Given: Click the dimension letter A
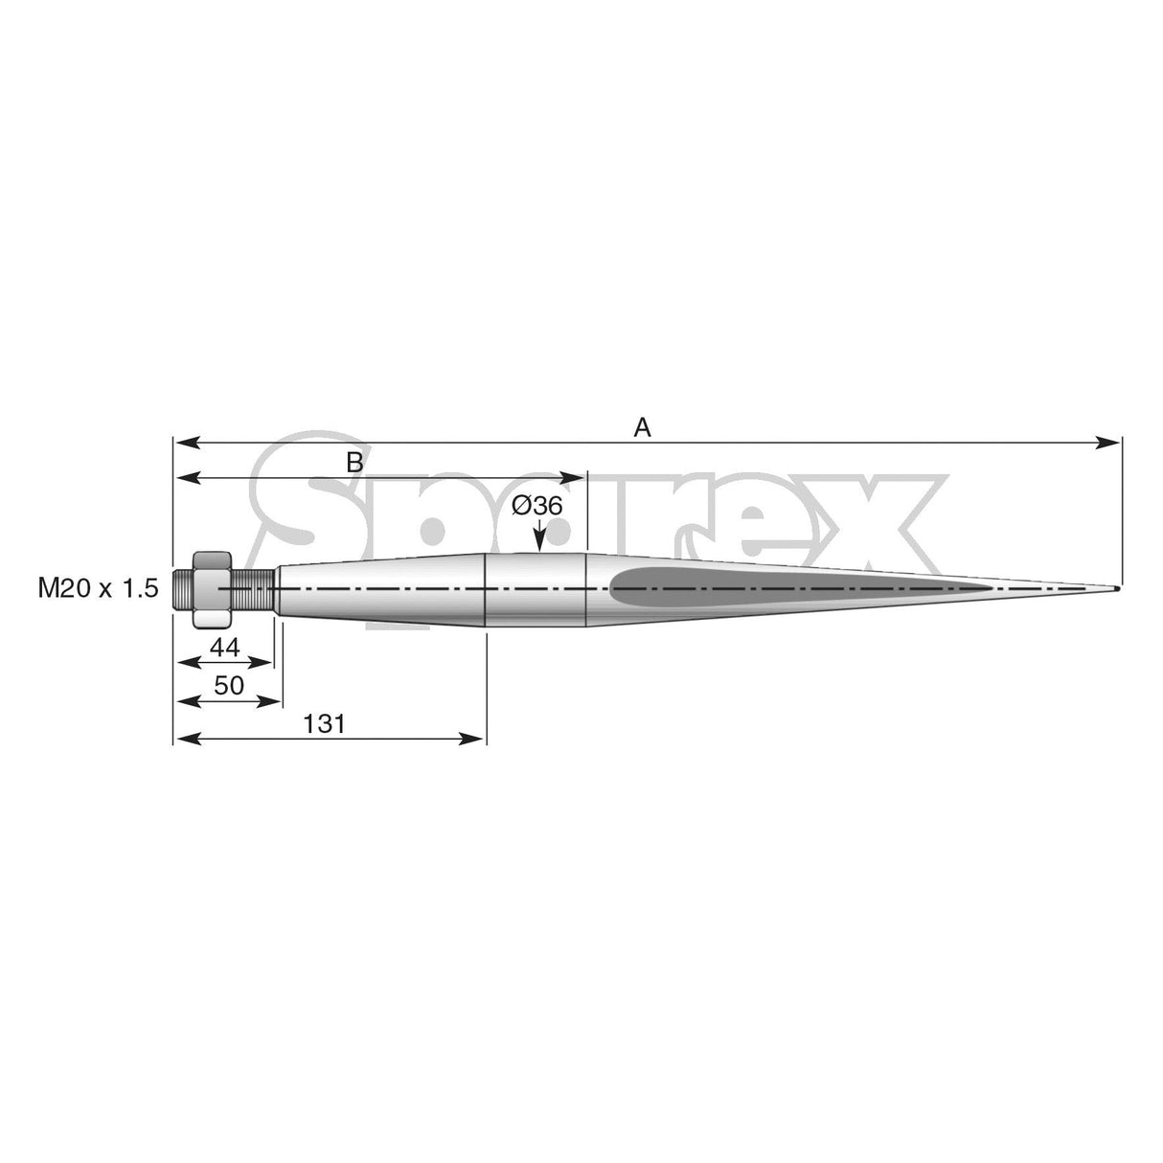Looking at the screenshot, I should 643,428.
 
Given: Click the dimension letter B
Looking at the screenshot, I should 354,463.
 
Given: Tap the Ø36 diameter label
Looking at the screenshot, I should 536,505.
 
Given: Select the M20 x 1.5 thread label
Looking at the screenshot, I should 98,588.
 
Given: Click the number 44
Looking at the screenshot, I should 224,648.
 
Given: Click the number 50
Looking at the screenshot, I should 229,685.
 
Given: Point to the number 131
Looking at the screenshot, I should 324,723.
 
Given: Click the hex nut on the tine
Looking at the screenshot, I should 212,588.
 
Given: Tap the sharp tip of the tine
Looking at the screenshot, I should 1117,588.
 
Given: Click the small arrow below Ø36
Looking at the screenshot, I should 539,543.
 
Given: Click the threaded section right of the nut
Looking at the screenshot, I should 253,587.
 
